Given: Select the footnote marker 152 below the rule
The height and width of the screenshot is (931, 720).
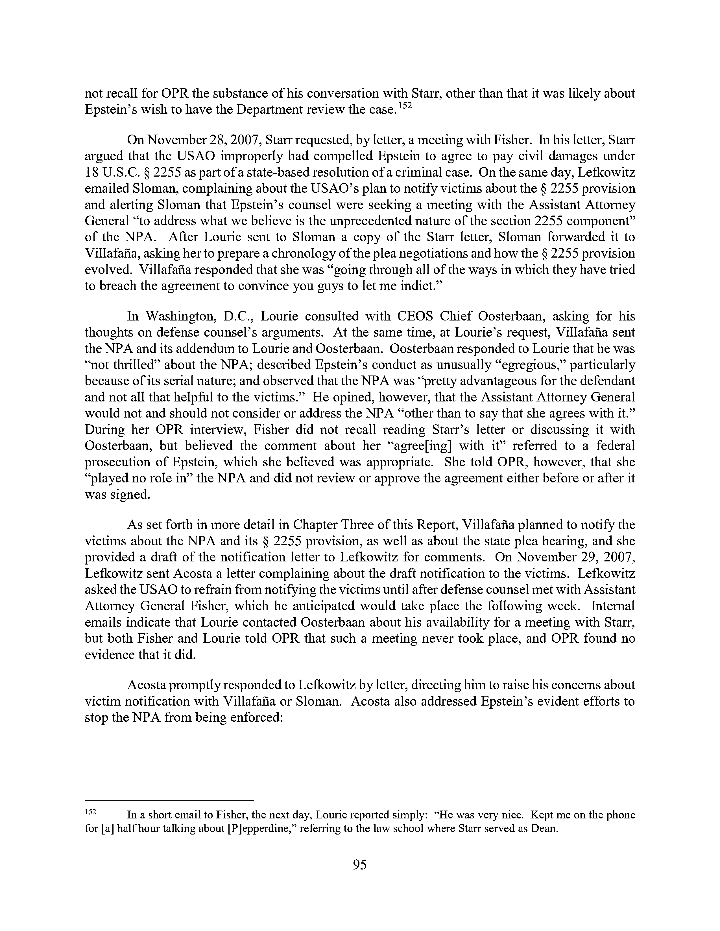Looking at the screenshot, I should click(x=91, y=812).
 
